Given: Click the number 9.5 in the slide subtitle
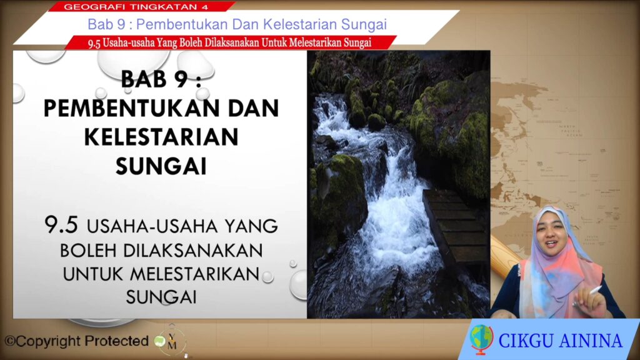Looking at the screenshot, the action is coord(61,224).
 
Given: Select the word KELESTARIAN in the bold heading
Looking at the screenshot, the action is coord(161,137).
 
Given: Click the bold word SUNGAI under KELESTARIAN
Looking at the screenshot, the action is coord(161,166).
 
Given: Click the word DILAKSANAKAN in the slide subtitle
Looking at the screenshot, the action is coord(193,250).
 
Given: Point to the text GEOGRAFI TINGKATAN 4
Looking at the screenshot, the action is coord(136,6).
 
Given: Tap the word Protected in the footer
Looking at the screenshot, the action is coord(116,341).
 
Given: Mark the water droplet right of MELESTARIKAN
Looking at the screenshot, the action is coord(267,277).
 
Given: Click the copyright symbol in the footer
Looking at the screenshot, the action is coord(10,341).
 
